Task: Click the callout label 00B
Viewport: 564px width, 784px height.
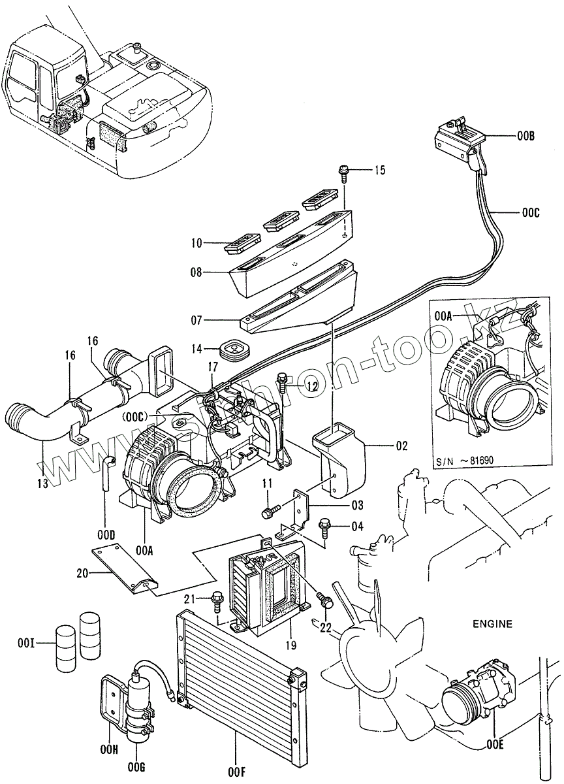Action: [525, 137]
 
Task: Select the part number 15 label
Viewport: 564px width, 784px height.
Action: [379, 171]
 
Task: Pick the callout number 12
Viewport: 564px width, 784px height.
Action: [312, 387]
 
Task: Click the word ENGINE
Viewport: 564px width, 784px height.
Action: [492, 624]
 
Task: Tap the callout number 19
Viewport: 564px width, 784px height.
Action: [290, 645]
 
